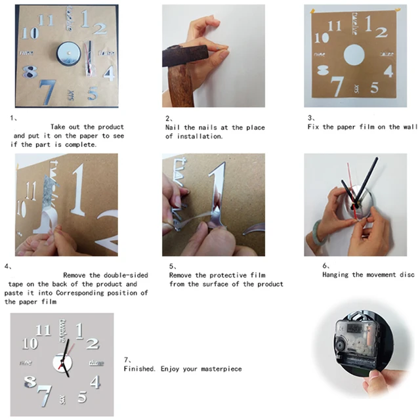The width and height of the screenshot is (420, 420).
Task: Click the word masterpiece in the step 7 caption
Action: pos(219,369)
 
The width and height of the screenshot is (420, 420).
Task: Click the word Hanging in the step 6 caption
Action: pos(336,275)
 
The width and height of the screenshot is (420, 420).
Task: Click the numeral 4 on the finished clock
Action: pos(95,382)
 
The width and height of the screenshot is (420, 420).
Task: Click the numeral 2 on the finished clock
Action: pos(92,343)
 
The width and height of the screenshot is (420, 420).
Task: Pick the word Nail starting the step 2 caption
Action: pos(173,127)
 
